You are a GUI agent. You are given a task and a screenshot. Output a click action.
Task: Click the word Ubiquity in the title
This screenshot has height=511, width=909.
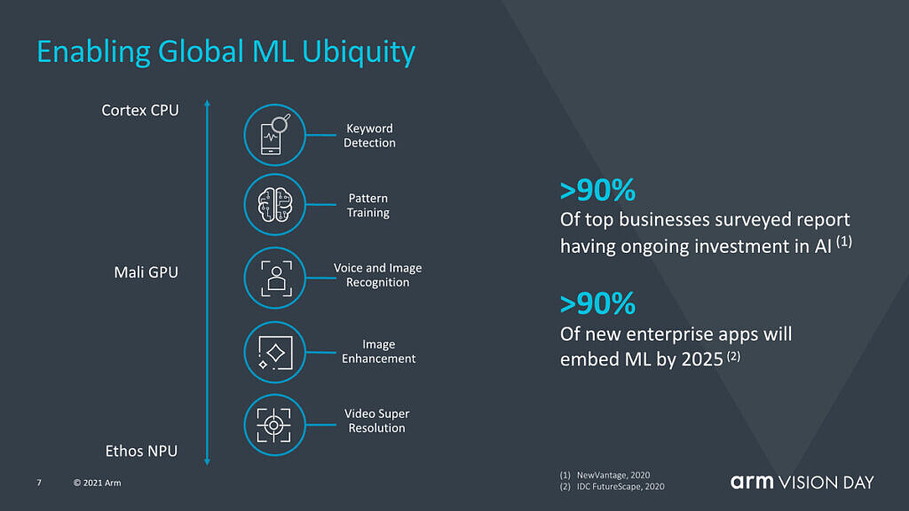pos(359,52)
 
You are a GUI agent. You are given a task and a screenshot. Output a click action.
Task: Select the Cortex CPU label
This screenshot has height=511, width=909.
pos(140,110)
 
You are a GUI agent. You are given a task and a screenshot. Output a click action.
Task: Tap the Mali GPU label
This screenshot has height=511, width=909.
pos(146,272)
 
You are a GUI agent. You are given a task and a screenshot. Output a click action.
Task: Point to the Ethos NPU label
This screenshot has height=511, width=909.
pos(141,451)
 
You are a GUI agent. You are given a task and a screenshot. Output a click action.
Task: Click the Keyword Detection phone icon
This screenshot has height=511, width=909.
pos(275,135)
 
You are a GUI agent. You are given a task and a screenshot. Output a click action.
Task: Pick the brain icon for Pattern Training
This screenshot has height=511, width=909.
pos(275,205)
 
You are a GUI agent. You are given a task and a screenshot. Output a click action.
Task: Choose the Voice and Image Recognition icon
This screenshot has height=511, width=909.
pos(275,278)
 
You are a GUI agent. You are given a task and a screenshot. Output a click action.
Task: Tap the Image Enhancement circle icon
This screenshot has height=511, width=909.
pos(275,352)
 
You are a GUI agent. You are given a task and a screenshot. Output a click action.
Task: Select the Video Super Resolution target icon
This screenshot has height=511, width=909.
pos(275,425)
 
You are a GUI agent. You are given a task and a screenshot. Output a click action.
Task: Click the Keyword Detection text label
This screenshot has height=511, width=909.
pos(369,136)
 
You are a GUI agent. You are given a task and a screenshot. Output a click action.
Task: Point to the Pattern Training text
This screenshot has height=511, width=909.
pos(368,206)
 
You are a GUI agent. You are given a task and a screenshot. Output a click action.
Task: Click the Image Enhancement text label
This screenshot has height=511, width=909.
pos(378,351)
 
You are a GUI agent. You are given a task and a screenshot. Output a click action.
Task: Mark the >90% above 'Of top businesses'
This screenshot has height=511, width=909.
pos(597,191)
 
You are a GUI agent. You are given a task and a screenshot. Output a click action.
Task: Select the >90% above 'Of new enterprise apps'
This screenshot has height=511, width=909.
pos(597,304)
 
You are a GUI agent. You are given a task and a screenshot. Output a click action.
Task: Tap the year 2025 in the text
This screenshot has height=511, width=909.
pos(702,360)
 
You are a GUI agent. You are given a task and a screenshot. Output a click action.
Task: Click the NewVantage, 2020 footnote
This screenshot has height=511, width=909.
pos(613,476)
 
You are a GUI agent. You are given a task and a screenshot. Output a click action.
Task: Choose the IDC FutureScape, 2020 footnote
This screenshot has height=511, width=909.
pos(620,487)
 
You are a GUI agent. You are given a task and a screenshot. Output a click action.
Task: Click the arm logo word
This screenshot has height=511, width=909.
pos(752,482)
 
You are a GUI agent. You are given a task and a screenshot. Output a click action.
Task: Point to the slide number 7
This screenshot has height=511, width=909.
pos(39,483)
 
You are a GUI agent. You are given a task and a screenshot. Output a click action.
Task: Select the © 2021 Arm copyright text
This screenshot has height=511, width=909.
pos(98,483)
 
